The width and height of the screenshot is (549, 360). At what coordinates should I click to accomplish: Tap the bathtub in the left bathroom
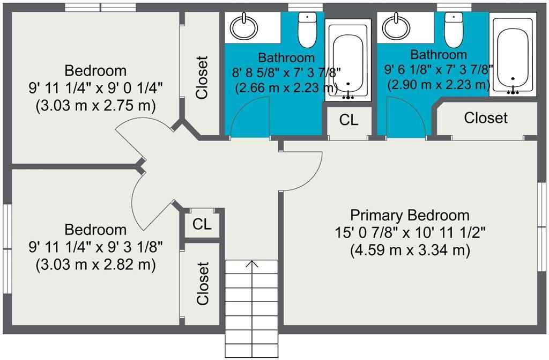348,59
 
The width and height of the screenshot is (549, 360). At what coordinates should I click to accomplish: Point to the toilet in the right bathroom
454,30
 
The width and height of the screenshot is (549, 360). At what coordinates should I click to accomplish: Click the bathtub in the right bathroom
513,56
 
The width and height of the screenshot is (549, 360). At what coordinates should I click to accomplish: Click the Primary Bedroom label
410,215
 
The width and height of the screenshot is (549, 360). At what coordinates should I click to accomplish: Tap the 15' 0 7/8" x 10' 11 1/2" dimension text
410,233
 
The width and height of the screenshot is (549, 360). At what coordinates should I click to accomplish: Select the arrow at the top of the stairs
251,265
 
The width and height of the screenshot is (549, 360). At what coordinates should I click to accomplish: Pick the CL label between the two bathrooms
348,121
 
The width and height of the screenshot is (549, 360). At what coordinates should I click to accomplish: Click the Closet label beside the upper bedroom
202,78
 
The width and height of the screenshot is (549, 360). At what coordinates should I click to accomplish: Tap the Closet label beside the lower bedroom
202,283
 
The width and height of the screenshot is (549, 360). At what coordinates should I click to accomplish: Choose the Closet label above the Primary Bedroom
485,117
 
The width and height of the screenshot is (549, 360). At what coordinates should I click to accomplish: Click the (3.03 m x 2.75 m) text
95,106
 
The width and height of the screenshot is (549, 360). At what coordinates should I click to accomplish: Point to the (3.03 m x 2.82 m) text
95,265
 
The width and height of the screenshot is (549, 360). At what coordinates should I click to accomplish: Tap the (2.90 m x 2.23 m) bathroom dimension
437,84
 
